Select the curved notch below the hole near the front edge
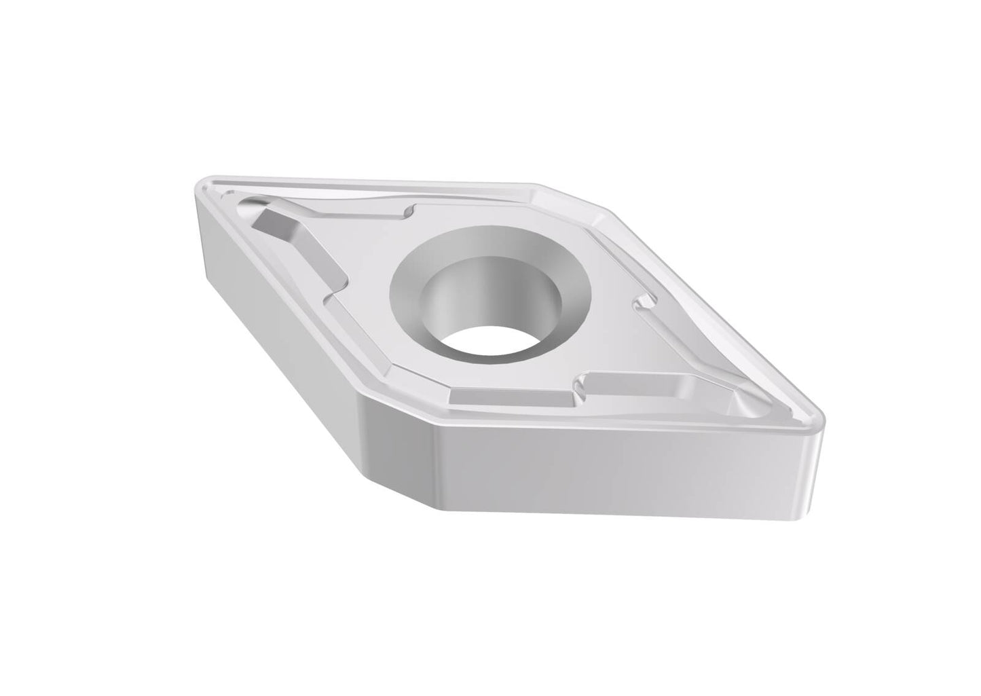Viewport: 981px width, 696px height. pyautogui.click(x=581, y=387)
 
